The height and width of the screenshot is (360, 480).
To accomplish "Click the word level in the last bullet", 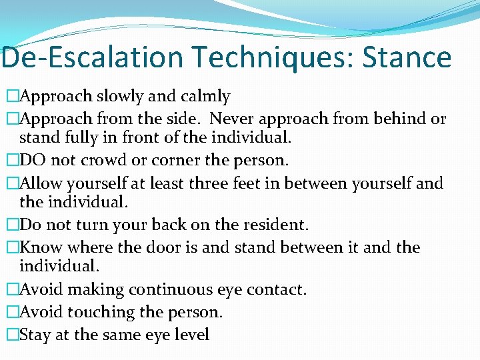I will pos(190,334).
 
